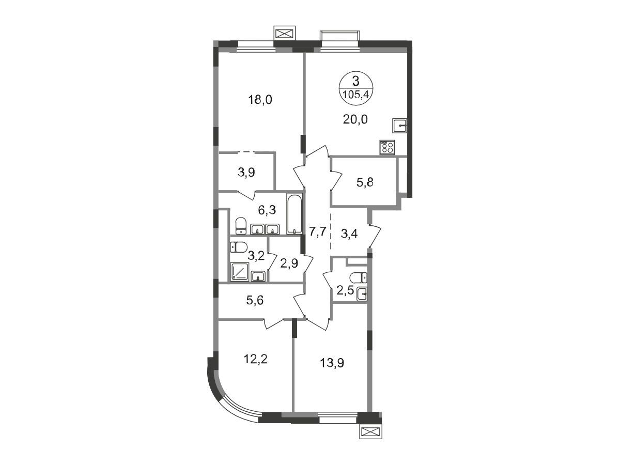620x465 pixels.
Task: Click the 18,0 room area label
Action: coord(260,100)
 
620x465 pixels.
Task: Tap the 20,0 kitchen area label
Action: coord(355,120)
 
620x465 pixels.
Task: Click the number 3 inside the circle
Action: coord(356,82)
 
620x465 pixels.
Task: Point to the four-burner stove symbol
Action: coord(388,147)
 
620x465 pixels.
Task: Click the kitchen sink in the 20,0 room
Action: coord(399,126)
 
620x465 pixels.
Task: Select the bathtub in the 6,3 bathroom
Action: coord(295,214)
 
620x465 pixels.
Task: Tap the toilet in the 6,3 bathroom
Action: coord(241,226)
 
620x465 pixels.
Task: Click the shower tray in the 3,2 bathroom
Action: coord(240,272)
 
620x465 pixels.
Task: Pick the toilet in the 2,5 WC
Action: coord(358,277)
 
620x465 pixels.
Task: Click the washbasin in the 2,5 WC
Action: coord(362,294)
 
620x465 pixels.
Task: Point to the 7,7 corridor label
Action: coord(317,233)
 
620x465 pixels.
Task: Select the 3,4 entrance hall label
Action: coord(349,234)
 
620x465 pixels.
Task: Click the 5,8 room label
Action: coord(365,182)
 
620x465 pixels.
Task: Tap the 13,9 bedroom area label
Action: coord(332,363)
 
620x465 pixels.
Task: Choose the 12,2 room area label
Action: coord(255,360)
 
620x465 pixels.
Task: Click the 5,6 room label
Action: coord(255,300)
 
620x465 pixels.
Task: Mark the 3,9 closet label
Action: coord(246,172)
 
